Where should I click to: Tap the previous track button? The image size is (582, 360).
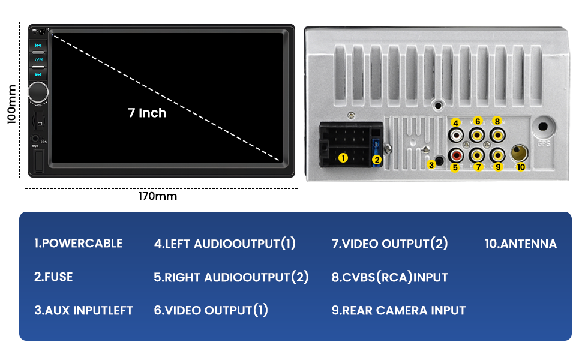(x=38, y=45)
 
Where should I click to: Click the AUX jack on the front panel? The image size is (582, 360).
(x=35, y=139)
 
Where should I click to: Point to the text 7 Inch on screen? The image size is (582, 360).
(x=147, y=113)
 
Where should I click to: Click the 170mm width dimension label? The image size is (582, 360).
(x=158, y=196)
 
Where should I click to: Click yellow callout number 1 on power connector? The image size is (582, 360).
(x=343, y=158)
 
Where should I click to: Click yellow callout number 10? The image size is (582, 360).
(x=520, y=166)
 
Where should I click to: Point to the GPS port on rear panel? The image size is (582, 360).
(x=544, y=128)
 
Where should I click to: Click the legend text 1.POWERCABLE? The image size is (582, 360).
(x=78, y=244)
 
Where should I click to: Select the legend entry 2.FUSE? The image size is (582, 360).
(x=53, y=277)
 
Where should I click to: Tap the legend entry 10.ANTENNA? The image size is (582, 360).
(x=520, y=244)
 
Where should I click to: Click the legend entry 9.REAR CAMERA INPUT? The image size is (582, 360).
(x=398, y=310)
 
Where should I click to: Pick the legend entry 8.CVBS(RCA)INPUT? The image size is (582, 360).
(x=389, y=277)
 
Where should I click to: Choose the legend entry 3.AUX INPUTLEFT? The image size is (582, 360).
(x=83, y=310)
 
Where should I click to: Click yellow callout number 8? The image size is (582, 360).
(x=497, y=121)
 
